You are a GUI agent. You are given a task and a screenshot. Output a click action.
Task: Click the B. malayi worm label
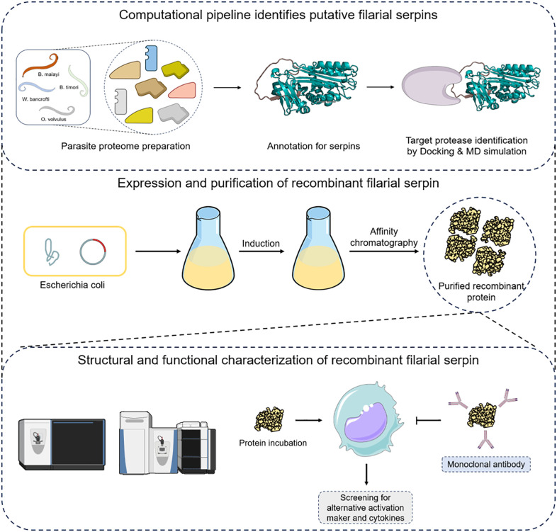pyautogui.click(x=49, y=74)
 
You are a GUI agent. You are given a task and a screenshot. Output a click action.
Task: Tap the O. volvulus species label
pyautogui.click(x=53, y=119)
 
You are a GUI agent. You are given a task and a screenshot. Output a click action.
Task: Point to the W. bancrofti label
pyautogui.click(x=35, y=99)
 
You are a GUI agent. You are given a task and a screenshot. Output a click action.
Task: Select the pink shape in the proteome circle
pyautogui.click(x=182, y=90)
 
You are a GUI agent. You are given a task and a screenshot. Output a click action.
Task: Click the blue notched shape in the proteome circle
pyautogui.click(x=152, y=58)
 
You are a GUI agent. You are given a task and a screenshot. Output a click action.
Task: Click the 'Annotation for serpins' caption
pyautogui.click(x=313, y=146)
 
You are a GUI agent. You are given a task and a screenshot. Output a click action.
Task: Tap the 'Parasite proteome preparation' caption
pyautogui.click(x=125, y=146)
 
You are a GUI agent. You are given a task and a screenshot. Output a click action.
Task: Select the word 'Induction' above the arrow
pyautogui.click(x=261, y=243)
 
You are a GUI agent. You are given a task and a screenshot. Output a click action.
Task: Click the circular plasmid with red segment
pyautogui.click(x=93, y=251)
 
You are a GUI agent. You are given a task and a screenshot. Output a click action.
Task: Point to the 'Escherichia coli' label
pyautogui.click(x=72, y=285)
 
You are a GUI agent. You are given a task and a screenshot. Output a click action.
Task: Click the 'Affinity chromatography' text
pyautogui.click(x=383, y=237)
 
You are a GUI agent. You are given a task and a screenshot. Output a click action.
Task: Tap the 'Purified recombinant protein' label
pyautogui.click(x=481, y=291)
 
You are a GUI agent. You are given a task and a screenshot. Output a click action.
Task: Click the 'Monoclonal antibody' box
pyautogui.click(x=486, y=464)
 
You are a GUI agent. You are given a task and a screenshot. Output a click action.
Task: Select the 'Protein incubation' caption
pyautogui.click(x=273, y=443)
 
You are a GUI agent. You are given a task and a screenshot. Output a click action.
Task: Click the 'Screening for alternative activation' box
pyautogui.click(x=365, y=507)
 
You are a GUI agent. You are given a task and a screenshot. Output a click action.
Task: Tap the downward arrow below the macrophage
pyautogui.click(x=366, y=474)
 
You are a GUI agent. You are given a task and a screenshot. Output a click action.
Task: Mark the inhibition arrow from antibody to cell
pyautogui.click(x=429, y=421)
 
